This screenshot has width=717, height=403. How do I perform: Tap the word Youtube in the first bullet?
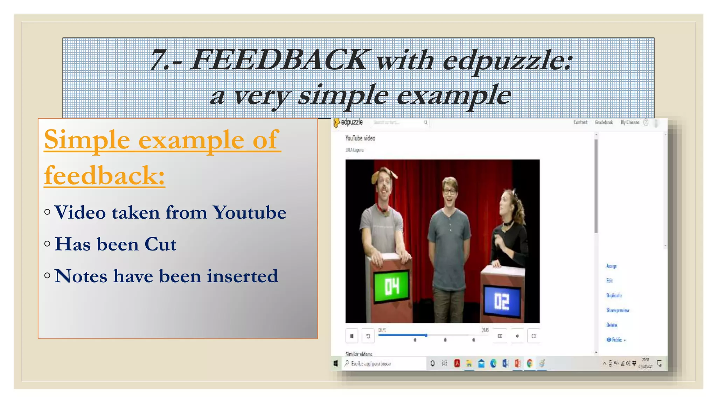coord(249,212)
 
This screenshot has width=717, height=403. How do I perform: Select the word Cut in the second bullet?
coord(160,244)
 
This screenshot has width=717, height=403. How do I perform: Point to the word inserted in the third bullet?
coord(242,276)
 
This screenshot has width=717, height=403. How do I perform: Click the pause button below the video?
coord(351,336)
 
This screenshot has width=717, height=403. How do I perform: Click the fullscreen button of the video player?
coord(534,336)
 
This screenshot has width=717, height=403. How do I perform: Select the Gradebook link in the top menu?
coord(604,122)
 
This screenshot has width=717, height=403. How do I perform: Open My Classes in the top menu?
coord(629,122)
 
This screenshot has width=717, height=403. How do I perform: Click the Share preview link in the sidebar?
coord(618,310)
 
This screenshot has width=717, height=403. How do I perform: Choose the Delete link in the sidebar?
coord(612,325)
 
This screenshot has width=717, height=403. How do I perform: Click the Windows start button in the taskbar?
coord(335,363)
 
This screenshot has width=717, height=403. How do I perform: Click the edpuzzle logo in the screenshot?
coord(348,122)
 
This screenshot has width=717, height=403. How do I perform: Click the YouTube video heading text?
coord(360,138)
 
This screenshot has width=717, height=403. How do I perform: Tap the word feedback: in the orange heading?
coord(104,175)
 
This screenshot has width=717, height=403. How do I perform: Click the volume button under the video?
coord(517,336)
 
